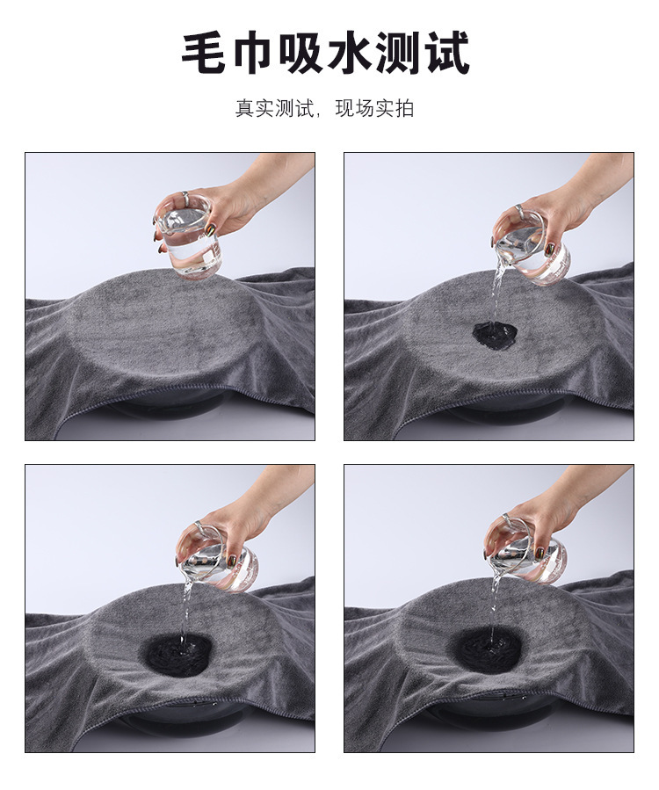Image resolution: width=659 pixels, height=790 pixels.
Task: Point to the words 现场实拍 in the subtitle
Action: tap(375, 108)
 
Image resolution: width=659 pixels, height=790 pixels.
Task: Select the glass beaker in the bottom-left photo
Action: tap(219, 558)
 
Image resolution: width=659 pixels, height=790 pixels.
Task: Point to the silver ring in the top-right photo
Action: tap(519, 207)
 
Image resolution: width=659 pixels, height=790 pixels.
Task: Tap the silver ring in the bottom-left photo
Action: tap(199, 525)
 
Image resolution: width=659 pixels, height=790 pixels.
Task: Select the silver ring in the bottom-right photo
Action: tap(507, 519)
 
